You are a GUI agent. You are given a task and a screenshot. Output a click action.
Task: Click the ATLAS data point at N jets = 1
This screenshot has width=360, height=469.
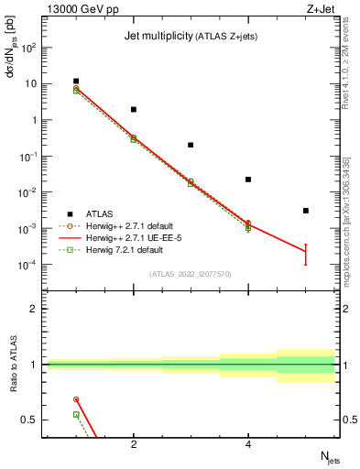76,82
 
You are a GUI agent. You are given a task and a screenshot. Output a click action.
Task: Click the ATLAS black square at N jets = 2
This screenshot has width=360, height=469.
134,110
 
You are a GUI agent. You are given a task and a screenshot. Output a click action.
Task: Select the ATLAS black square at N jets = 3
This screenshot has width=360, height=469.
191,145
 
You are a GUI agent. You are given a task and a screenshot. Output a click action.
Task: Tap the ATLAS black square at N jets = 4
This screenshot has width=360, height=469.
248,180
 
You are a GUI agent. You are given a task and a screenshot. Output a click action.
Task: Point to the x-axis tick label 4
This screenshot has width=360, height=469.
248,444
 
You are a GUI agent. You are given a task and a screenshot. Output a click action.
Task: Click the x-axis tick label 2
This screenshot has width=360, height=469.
134,444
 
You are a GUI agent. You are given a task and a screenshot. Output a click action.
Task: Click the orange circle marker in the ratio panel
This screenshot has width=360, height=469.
76,399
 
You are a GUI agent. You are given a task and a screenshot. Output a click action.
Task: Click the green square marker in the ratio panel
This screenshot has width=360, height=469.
76,415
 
